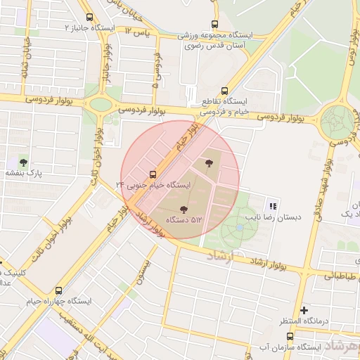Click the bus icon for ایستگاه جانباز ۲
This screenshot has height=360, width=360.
(89, 17)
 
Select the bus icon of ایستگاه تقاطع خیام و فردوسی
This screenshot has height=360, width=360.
(224, 90)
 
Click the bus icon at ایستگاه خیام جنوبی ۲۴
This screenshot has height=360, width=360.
(153, 174)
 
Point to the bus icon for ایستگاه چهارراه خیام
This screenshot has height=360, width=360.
(58, 290)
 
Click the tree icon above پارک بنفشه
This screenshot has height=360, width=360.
(23, 162)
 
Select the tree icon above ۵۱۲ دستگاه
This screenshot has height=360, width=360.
(184, 209)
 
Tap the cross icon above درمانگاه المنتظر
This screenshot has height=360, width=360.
(304, 310)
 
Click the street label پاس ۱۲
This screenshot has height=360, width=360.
(138, 32)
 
